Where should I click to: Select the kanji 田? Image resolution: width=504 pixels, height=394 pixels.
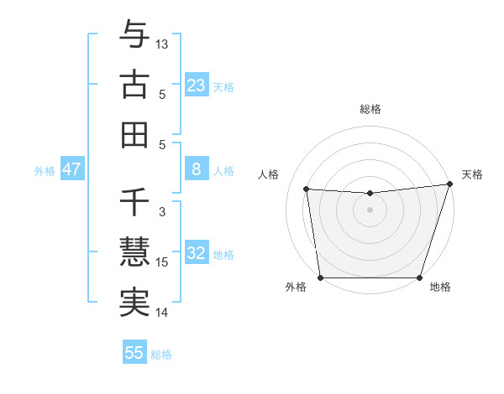(134, 134)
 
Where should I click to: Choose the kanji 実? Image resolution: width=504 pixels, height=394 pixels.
(134, 303)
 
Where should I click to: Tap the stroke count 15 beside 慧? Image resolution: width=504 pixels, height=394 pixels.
(162, 262)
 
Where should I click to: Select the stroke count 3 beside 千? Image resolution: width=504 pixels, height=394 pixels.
(162, 212)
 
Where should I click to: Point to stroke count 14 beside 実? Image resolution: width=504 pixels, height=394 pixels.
(162, 314)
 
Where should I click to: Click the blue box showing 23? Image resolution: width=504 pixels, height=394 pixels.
(196, 86)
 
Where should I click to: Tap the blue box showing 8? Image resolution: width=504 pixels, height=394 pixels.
(196, 169)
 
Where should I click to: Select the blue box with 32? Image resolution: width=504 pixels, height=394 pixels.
(196, 254)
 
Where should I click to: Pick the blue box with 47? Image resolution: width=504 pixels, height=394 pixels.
(71, 169)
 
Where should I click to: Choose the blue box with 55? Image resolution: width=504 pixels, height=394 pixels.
(134, 353)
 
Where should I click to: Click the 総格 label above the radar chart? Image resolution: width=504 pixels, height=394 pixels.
(370, 109)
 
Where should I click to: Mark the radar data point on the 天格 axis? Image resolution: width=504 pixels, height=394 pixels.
(449, 184)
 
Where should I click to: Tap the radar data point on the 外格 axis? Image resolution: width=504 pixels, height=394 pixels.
(320, 277)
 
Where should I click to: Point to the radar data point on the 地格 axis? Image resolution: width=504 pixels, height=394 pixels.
(419, 277)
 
